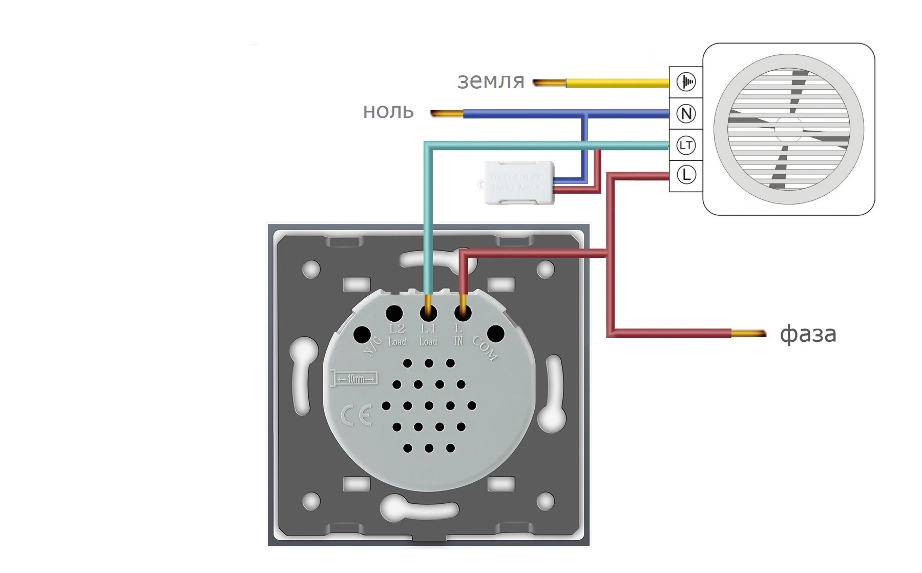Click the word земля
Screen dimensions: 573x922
click(x=491, y=81)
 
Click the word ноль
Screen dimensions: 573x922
click(x=388, y=111)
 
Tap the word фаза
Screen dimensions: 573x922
click(x=808, y=334)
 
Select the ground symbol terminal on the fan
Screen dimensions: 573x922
click(x=686, y=81)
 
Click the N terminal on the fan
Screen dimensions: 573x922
click(x=686, y=114)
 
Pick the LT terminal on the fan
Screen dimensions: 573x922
click(x=686, y=146)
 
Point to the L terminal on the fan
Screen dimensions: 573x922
click(x=686, y=175)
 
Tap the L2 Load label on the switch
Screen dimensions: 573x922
click(x=397, y=335)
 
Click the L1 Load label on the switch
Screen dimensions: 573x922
click(x=428, y=335)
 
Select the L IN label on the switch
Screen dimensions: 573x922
click(x=458, y=335)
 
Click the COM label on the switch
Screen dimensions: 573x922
click(x=485, y=349)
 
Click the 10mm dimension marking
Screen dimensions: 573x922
click(x=354, y=378)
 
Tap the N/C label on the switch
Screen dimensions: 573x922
click(x=373, y=346)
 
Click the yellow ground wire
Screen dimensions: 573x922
click(x=615, y=82)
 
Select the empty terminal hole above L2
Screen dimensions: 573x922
click(x=394, y=313)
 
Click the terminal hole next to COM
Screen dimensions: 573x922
click(x=495, y=334)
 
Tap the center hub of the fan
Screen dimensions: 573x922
click(x=788, y=129)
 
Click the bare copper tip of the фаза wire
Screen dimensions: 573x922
click(x=748, y=334)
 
